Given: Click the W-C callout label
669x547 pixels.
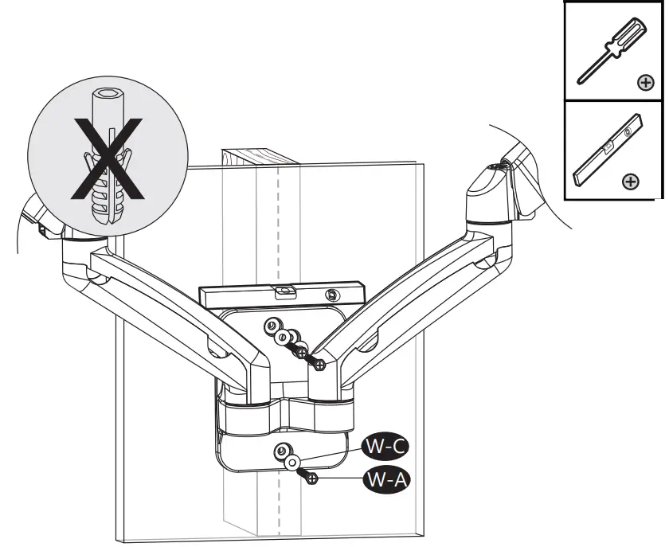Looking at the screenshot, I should click(x=385, y=446).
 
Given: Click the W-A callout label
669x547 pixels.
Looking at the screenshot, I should click(x=385, y=479).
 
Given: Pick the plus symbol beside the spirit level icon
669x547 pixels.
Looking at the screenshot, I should click(x=630, y=182).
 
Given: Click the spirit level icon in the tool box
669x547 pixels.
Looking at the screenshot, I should click(x=605, y=151).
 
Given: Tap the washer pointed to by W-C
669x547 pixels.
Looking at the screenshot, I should click(x=293, y=462).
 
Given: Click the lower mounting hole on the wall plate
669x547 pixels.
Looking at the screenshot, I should click(x=281, y=452).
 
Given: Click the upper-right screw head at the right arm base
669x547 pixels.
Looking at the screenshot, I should click(x=319, y=364).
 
